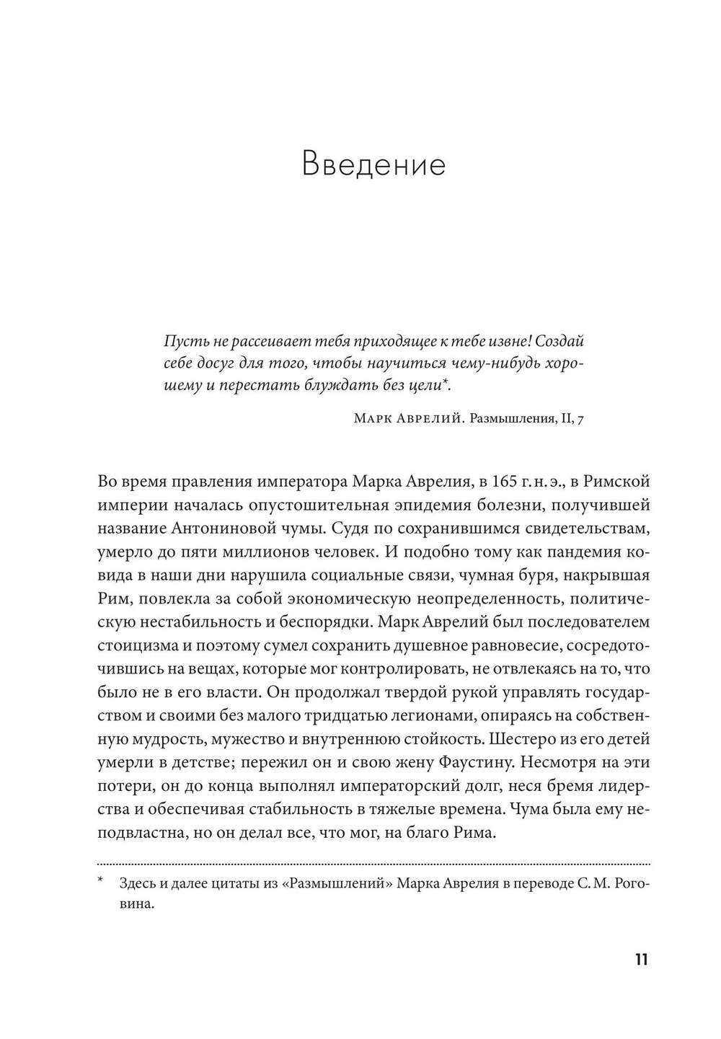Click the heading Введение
(x=373, y=164)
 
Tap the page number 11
(x=641, y=960)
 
